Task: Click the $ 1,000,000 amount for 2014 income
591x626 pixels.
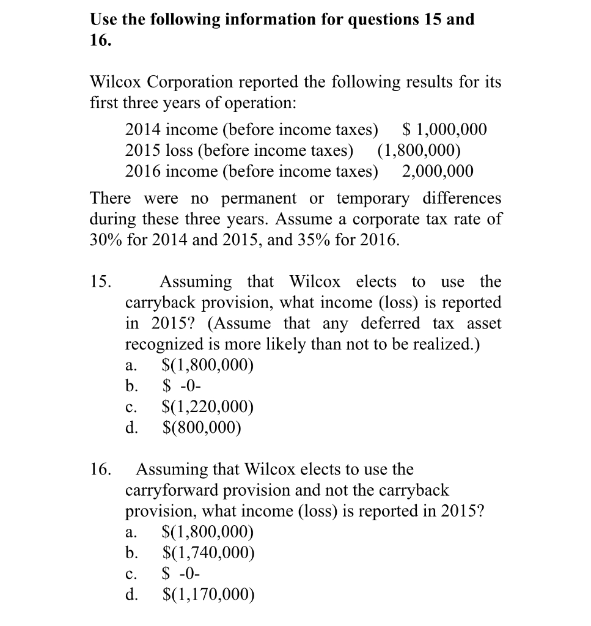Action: tap(446, 130)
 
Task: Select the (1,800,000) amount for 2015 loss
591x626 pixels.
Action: tap(419, 150)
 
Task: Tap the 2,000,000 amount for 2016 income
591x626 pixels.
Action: tap(438, 171)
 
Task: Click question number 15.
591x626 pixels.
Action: tap(101, 282)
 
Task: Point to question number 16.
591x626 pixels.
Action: tap(101, 469)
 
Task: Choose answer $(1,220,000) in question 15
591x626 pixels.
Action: tap(208, 407)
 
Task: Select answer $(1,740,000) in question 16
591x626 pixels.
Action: tap(208, 553)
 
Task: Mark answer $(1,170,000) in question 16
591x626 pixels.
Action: tap(208, 594)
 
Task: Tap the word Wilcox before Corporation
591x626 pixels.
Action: tap(116, 82)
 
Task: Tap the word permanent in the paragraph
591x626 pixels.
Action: tap(259, 199)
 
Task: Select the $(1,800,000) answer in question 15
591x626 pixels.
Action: tap(208, 365)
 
